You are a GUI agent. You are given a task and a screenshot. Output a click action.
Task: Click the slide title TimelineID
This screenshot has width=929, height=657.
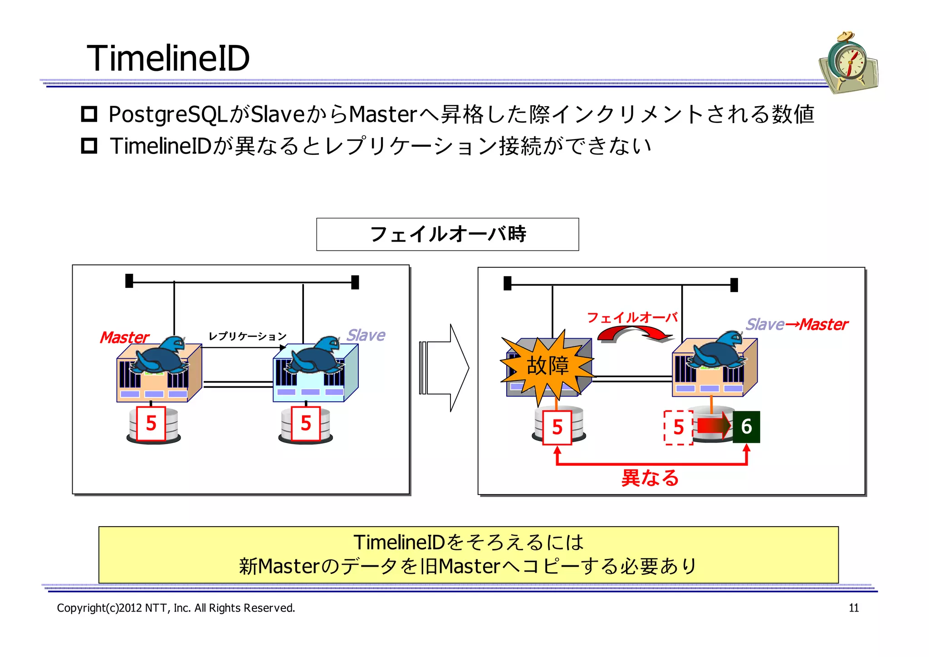(x=168, y=59)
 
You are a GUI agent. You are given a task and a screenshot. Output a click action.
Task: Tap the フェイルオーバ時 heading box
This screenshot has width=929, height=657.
(x=447, y=234)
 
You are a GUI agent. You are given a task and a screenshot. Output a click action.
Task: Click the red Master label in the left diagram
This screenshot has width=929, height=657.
(x=124, y=337)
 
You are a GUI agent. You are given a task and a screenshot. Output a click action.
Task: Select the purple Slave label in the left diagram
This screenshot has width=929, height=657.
(x=366, y=335)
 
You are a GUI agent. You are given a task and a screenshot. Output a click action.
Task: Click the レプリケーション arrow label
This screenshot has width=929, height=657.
(x=247, y=336)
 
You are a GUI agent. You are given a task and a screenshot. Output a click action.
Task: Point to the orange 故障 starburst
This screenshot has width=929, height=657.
(x=547, y=366)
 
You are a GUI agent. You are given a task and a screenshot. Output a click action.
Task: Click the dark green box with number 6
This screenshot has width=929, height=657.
(x=746, y=427)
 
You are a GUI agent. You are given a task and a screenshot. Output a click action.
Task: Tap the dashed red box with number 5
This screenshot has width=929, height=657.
(x=678, y=427)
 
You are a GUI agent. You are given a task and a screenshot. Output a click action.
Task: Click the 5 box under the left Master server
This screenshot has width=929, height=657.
(x=151, y=424)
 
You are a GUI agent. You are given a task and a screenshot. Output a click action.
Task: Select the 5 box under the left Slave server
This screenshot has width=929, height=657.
(x=306, y=424)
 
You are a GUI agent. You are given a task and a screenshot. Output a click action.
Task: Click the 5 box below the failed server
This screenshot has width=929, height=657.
(x=557, y=427)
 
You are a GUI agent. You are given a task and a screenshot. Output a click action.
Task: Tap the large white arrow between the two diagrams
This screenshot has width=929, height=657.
(x=445, y=368)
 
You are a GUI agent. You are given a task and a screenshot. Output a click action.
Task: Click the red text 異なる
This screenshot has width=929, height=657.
(x=650, y=478)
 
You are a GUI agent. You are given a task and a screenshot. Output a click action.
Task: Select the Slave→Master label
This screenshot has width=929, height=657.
(x=797, y=325)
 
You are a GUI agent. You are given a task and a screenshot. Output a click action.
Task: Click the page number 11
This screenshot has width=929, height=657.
(x=854, y=608)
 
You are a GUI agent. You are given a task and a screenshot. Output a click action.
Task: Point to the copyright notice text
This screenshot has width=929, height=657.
(x=176, y=608)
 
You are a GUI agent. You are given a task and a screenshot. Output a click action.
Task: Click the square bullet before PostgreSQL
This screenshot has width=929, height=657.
(x=89, y=114)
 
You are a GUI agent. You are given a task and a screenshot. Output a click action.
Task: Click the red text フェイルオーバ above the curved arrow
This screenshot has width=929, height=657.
(x=632, y=317)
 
